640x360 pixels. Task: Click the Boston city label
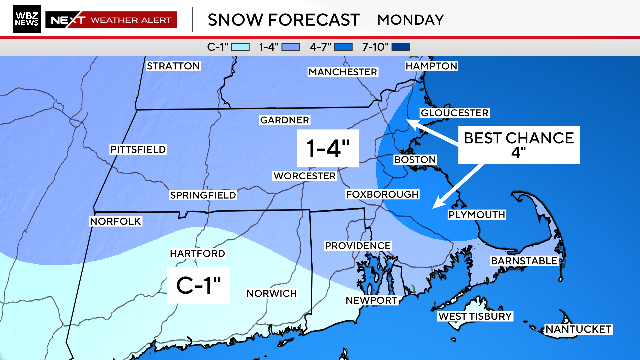(416, 160)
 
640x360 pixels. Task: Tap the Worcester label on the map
(304, 176)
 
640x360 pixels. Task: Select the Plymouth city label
(478, 214)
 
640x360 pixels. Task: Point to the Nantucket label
(578, 330)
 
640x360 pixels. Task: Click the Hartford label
(193, 255)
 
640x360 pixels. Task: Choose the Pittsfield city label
(138, 149)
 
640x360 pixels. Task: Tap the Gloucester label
(454, 113)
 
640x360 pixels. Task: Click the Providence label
(357, 245)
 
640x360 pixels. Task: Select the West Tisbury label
(476, 316)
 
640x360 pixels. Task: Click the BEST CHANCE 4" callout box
(518, 146)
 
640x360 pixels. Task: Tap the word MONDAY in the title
(409, 19)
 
